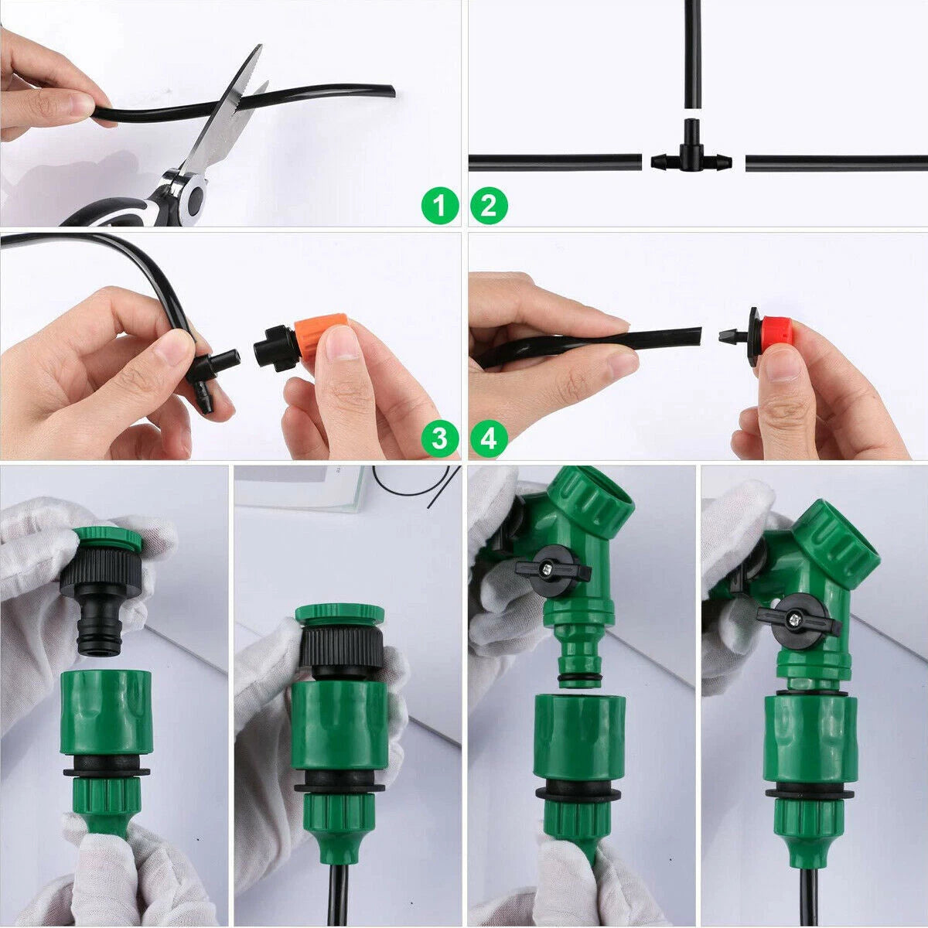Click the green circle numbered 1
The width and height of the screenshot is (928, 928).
[x=440, y=206]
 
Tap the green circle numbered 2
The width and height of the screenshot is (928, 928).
[x=489, y=206]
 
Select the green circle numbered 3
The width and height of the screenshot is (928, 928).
[x=440, y=439]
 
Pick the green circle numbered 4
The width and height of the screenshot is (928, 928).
[x=489, y=439]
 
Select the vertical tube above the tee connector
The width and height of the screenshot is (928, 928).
[x=691, y=54]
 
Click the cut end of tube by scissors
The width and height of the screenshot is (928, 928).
[x=391, y=90]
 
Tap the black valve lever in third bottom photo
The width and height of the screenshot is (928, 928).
[x=552, y=570]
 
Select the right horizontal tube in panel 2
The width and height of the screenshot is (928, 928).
[x=835, y=163]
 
